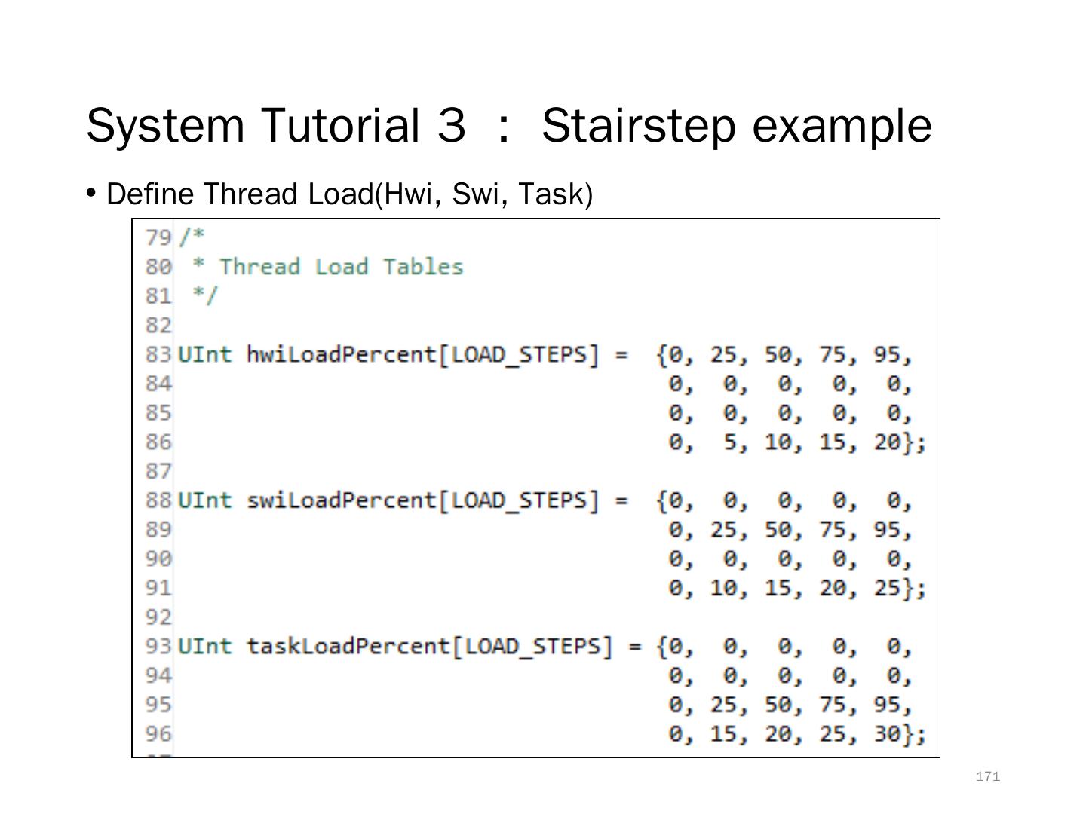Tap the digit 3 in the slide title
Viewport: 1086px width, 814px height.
click(451, 125)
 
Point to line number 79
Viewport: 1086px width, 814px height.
click(158, 237)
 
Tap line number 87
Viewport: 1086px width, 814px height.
click(158, 471)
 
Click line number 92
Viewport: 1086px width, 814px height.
click(158, 617)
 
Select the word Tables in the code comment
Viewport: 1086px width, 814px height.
click(422, 267)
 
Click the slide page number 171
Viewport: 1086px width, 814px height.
click(987, 776)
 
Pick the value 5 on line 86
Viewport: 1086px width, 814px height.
click(730, 442)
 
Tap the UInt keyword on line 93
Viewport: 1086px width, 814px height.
click(204, 647)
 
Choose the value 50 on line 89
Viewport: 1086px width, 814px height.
click(778, 530)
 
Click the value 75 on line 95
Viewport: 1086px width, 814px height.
click(833, 705)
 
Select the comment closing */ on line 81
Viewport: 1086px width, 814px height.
click(204, 295)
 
